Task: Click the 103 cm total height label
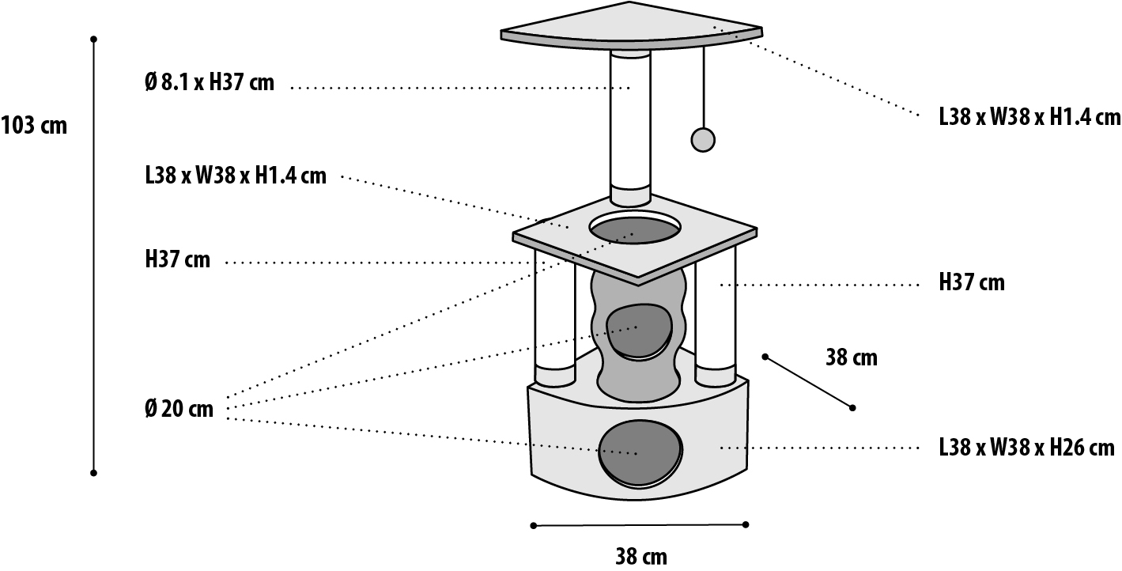coord(34,126)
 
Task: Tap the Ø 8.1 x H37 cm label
coord(210,83)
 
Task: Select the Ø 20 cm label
coord(179,410)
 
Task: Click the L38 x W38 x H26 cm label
coord(1026,448)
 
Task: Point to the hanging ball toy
coord(702,138)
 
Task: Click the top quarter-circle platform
coord(633,24)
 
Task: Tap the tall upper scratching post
coord(629,119)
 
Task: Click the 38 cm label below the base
coord(640,557)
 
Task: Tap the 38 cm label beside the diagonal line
coord(851,357)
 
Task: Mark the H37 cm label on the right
coord(972,282)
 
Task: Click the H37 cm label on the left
coord(178,259)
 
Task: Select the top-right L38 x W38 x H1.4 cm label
coord(1029,117)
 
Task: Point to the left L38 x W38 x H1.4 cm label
coord(236,176)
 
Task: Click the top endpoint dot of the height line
coord(94,38)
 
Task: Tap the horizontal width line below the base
coord(640,524)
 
